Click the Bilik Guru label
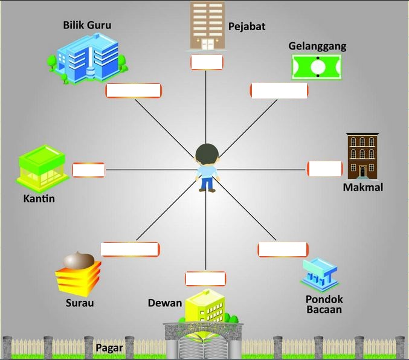pos(87,25)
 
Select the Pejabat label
pos(246,27)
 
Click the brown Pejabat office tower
pos(207,25)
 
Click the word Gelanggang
pos(317,47)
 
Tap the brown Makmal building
pos(362,155)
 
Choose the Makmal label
pos(362,187)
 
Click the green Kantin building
pos(42,168)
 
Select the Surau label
pos(80,303)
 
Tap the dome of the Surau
pos(79,260)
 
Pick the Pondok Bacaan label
pos(324,304)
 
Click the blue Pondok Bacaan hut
pos(318,275)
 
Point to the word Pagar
pos(109,348)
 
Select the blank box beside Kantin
pos(88,170)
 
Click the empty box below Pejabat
pos(207,62)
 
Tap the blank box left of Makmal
pos(324,169)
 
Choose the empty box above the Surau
pos(130,249)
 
